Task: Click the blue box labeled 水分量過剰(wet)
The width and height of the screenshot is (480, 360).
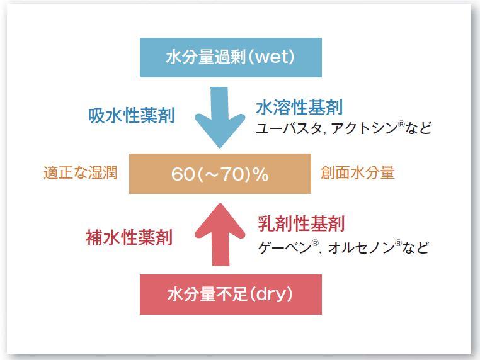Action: (x=231, y=57)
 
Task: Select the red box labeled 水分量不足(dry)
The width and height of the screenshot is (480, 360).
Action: (x=231, y=295)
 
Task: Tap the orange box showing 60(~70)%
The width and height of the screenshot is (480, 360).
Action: (x=220, y=174)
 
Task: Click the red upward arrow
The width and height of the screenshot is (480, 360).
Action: (x=220, y=234)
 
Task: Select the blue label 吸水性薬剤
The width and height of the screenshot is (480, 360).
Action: (x=131, y=116)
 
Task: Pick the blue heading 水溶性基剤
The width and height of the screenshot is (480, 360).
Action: (x=299, y=108)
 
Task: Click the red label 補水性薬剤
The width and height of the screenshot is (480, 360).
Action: (x=129, y=237)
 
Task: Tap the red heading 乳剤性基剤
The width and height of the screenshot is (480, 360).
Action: (x=301, y=223)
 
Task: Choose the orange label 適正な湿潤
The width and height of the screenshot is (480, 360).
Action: (x=81, y=172)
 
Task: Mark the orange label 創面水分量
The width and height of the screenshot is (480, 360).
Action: (x=358, y=172)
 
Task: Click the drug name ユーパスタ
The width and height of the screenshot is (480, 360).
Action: (x=288, y=128)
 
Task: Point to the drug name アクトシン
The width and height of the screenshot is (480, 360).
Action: (x=364, y=128)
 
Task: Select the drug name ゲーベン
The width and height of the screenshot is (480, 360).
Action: (x=284, y=247)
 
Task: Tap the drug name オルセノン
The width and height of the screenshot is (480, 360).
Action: (x=361, y=247)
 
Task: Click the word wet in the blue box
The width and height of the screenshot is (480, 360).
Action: (x=272, y=57)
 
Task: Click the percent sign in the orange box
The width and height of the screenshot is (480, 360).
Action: (x=261, y=174)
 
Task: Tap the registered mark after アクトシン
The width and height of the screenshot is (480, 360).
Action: (x=401, y=124)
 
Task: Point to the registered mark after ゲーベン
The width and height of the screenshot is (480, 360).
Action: (x=315, y=243)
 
